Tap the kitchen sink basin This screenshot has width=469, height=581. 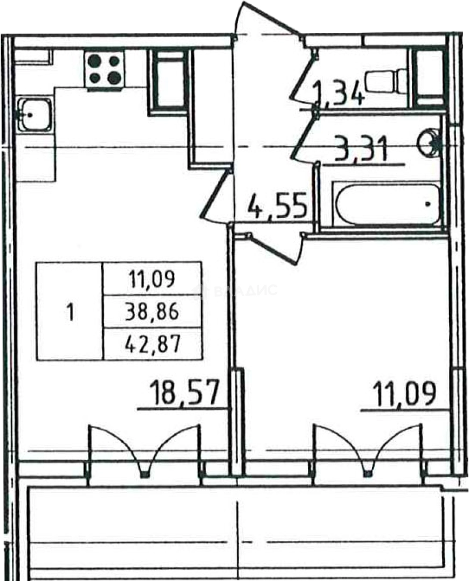point(34,115)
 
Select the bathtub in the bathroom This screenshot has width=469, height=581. point(387,203)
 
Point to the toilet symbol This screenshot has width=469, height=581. point(386,80)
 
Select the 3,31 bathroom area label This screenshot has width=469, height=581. point(360,148)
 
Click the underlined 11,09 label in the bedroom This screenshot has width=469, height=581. point(404,394)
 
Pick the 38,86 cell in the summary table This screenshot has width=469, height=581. point(152,312)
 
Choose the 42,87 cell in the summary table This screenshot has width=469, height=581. point(152,344)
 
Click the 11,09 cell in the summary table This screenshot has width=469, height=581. point(152,279)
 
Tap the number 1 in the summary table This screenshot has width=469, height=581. point(69,312)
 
